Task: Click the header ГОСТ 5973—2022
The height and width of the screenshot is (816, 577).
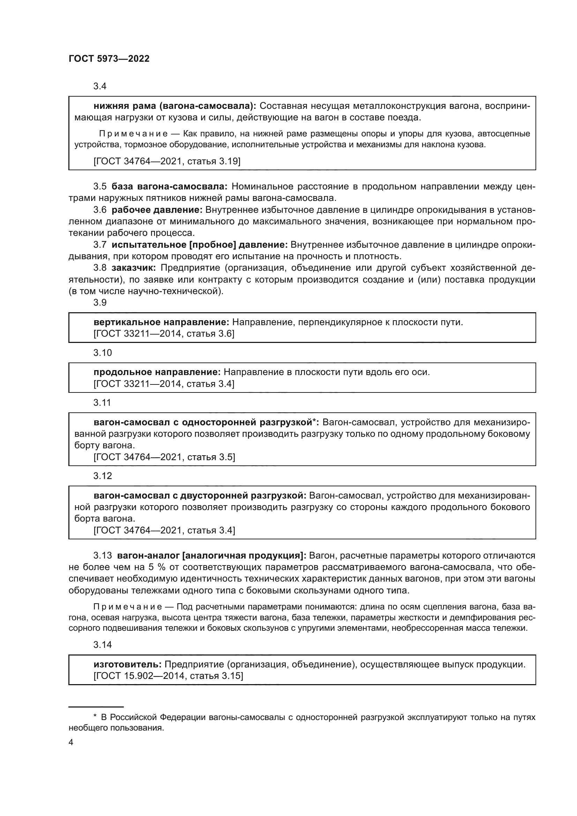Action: pos(109,59)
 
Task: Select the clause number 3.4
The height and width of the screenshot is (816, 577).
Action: pos(100,87)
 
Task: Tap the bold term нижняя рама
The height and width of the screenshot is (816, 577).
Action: pos(125,106)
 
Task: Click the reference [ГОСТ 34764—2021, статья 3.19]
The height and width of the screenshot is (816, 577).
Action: pos(167,162)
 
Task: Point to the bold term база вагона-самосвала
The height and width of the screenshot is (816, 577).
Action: pos(170,187)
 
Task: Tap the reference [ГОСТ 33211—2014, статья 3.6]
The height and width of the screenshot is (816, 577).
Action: pos(164,334)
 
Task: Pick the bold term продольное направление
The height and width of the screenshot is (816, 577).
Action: pos(157,372)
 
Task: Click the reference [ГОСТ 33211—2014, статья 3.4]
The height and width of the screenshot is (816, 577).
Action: pos(164,384)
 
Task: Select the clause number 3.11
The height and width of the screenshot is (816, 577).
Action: pos(102,403)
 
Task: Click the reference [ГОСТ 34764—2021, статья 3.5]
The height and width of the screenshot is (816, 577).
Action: pos(164,457)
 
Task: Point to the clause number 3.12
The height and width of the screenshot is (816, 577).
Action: pos(102,476)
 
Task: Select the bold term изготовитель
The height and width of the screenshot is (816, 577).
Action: pos(128,664)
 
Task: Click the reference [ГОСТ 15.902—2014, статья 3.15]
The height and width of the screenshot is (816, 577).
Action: pos(168,676)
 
